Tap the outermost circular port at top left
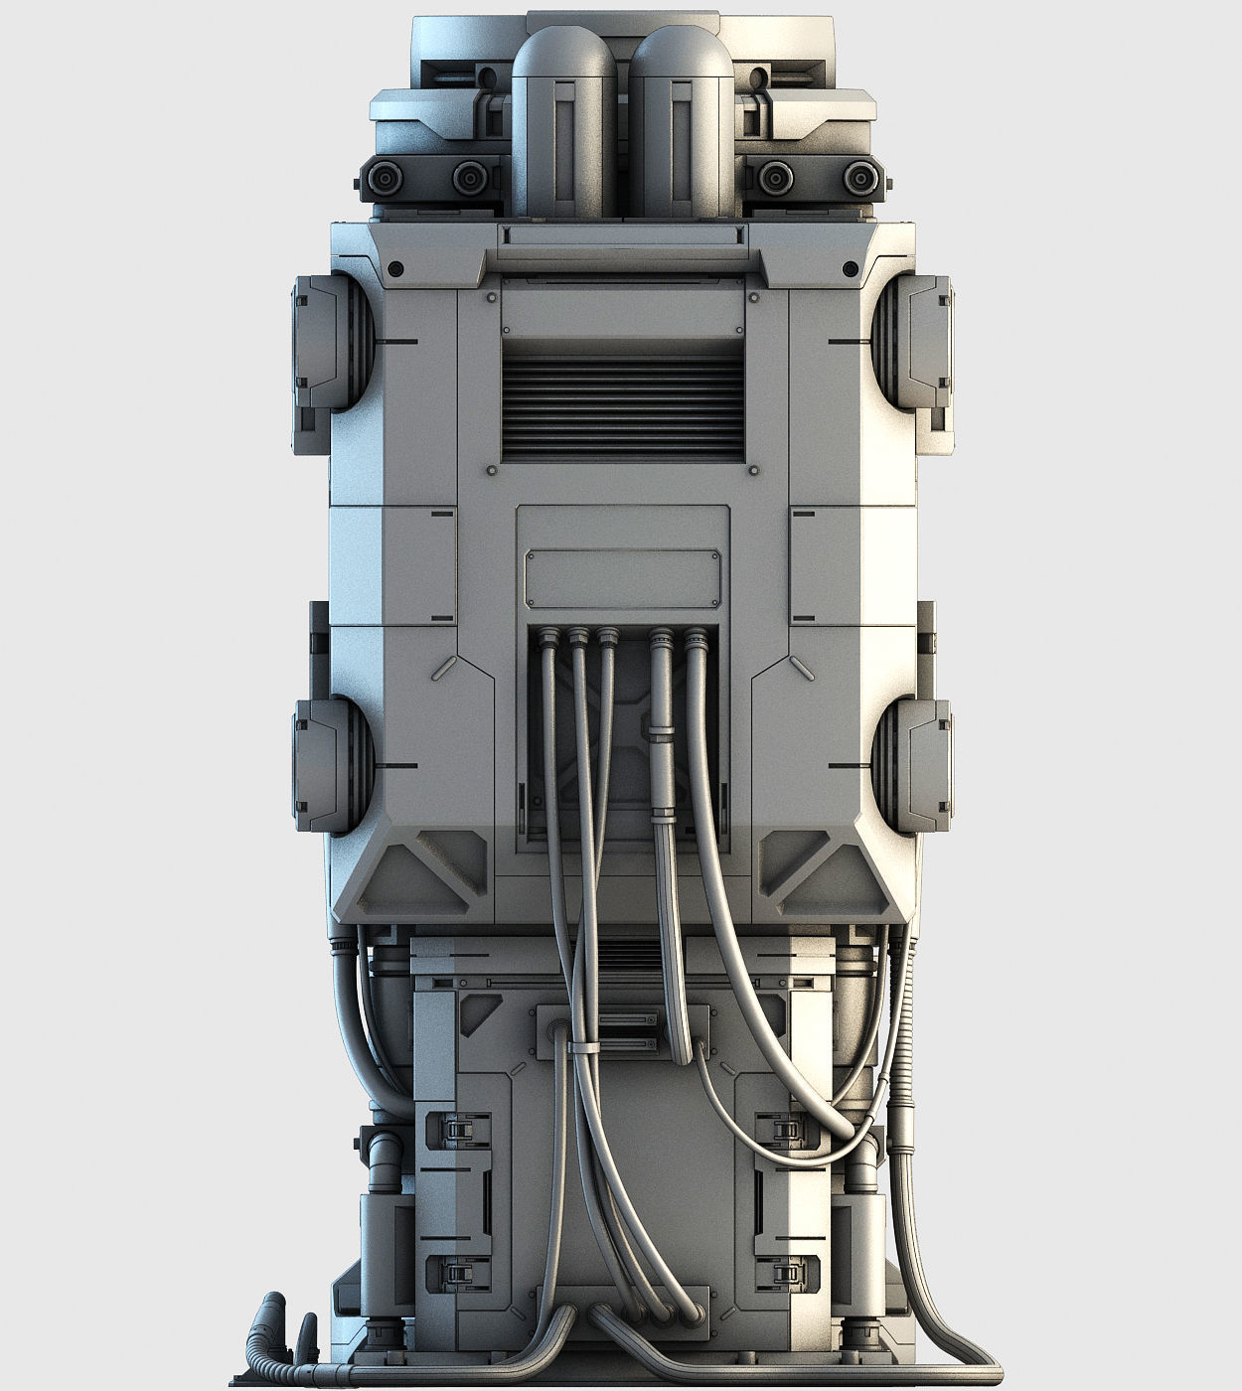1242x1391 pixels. click(x=383, y=179)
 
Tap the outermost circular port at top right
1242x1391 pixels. click(x=860, y=179)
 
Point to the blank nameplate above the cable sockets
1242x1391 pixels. click(x=623, y=577)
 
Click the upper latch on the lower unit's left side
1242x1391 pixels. click(x=458, y=1128)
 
